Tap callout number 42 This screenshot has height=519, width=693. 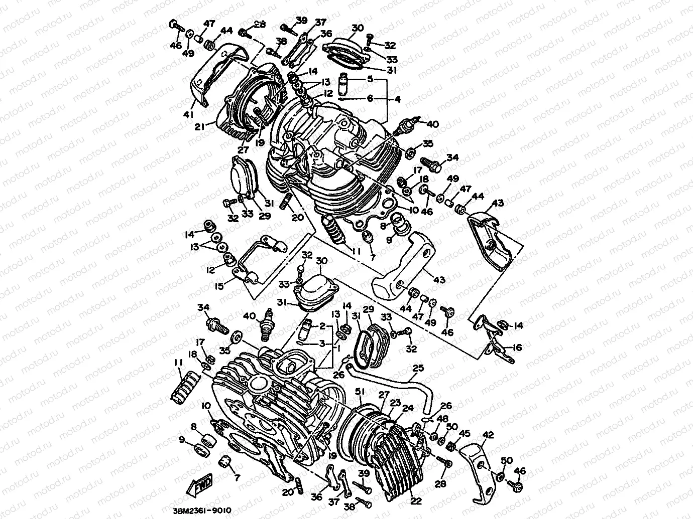click(487, 435)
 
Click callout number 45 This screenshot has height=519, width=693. click(465, 434)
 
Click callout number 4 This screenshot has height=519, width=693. click(397, 99)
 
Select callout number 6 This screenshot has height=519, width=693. click(370, 99)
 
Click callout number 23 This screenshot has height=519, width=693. click(395, 402)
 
